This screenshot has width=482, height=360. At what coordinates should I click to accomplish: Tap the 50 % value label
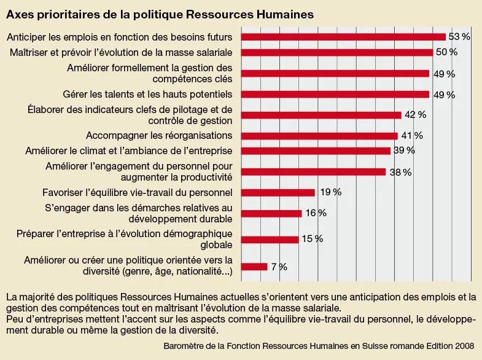click(446, 52)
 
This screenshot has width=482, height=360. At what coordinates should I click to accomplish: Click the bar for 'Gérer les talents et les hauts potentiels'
click(335, 94)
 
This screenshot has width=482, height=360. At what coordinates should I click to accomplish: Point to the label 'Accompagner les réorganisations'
click(159, 135)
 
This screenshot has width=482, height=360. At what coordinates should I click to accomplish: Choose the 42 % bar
click(321, 115)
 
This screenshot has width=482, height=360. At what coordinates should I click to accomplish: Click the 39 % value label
click(404, 151)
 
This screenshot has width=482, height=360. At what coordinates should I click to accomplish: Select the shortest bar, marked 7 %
click(254, 267)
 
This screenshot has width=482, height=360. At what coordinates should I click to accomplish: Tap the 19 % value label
click(330, 192)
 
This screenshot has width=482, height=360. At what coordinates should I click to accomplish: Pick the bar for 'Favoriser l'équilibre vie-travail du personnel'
click(278, 192)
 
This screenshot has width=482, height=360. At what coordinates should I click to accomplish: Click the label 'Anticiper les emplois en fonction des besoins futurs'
click(120, 37)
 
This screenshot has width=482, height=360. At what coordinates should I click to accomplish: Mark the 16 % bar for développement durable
click(271, 213)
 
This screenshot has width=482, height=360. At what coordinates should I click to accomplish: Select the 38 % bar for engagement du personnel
click(313, 172)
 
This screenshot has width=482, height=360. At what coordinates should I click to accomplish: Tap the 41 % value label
click(412, 135)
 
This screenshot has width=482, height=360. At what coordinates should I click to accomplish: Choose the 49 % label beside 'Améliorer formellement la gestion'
click(443, 74)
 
